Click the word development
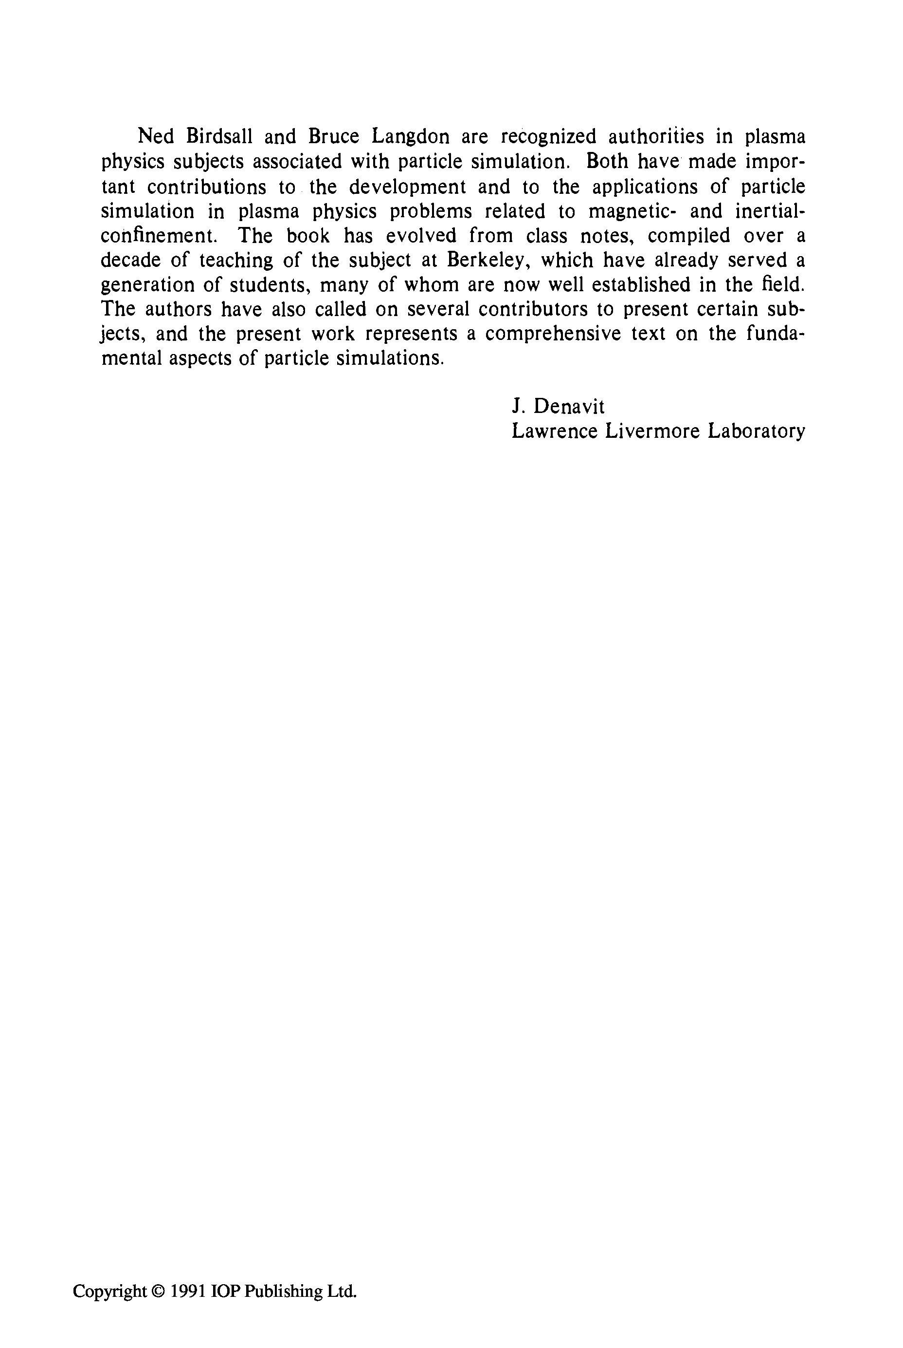pos(407,187)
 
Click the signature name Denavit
pos(569,407)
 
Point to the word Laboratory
pos(756,431)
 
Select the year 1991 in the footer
pos(188,1291)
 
